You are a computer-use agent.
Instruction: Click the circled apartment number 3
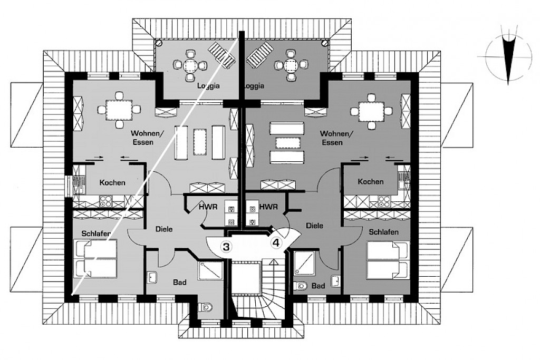(x=226, y=246)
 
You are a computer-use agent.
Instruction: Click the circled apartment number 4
(x=276, y=242)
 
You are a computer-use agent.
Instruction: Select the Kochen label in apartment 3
(x=112, y=183)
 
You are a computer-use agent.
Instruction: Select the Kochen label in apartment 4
(x=370, y=182)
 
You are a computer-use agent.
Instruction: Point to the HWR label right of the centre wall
(x=268, y=207)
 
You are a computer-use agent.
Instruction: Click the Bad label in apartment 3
(x=180, y=283)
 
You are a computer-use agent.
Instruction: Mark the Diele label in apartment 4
(x=314, y=225)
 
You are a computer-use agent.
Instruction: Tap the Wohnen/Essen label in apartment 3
(x=143, y=138)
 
